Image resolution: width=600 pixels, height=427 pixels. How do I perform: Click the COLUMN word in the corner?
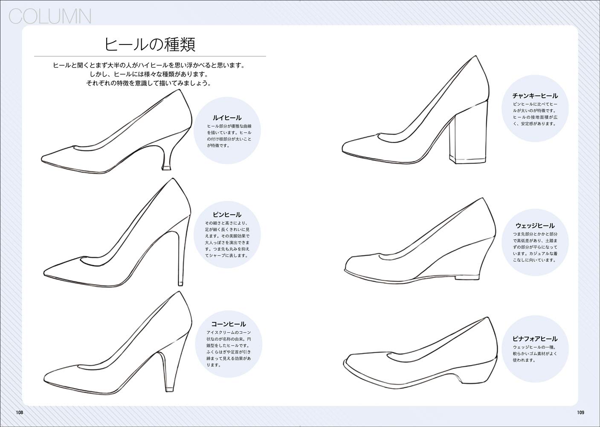49,17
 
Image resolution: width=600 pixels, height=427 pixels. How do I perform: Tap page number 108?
19,412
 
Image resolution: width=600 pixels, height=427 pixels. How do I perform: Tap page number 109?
580,412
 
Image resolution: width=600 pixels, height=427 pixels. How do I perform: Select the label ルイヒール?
227,117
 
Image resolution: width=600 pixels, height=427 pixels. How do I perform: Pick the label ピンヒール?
227,214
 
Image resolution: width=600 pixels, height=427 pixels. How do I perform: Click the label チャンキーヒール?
535,96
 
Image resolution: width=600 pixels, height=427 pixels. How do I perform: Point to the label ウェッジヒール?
535,225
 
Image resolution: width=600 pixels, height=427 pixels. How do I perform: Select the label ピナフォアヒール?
535,339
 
